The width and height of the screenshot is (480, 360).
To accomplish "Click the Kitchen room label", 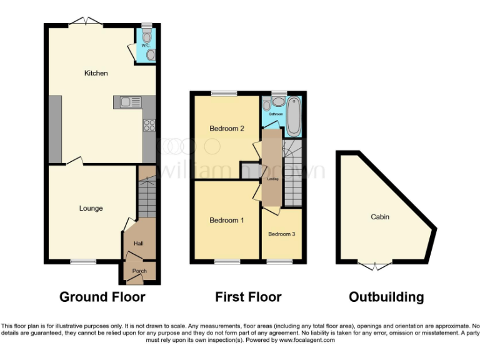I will click(96, 73).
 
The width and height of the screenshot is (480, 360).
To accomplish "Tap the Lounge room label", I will click(91, 208).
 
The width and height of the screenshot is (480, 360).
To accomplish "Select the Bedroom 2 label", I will click(226, 129).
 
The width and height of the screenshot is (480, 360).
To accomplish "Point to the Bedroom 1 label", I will click(226, 220).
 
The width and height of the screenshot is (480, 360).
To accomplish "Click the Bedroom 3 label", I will click(281, 234).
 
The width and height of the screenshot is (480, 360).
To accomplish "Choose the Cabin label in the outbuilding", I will click(380, 217).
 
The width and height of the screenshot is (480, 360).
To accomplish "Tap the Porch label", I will click(139, 271).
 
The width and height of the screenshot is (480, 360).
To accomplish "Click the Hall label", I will click(139, 244).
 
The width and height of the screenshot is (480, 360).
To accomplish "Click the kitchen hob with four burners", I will click(150, 125).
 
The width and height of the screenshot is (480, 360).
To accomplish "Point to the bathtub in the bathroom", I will click(294, 117).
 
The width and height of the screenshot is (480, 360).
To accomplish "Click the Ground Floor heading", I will click(102, 297).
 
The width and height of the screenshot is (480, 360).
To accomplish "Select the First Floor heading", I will click(248, 297).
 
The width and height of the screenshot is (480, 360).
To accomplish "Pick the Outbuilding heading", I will click(386, 297).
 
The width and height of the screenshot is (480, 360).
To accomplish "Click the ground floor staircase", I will click(146, 197).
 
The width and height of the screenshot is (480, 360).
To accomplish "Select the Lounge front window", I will click(82, 262).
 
